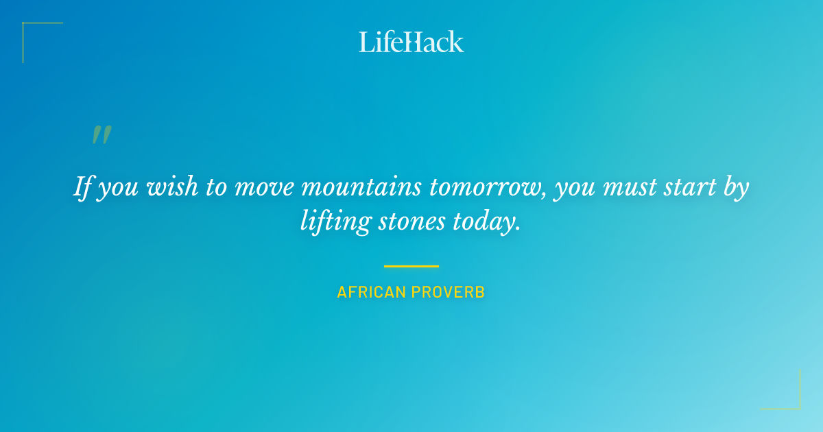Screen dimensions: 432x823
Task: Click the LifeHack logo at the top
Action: pyautogui.click(x=411, y=41)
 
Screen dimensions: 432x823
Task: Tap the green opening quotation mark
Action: pyautogui.click(x=102, y=134)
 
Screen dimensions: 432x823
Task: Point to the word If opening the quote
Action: pyautogui.click(x=82, y=187)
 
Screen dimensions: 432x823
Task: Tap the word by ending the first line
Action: pyautogui.click(x=735, y=188)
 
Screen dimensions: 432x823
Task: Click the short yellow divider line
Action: pyautogui.click(x=411, y=266)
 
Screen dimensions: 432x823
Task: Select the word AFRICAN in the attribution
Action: pyautogui.click(x=371, y=292)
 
